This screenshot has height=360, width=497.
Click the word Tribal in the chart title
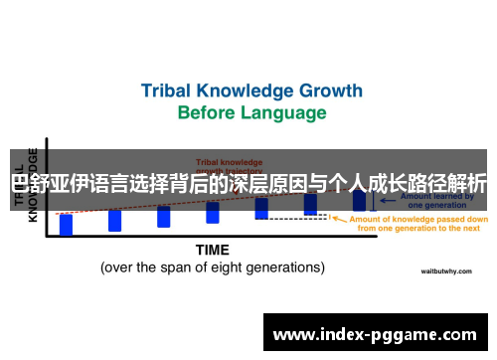click(x=169, y=90)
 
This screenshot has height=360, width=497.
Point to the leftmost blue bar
click(x=67, y=225)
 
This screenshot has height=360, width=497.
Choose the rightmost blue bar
click(x=359, y=199)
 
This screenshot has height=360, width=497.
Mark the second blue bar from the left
click(x=115, y=220)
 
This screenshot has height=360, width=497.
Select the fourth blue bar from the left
click(x=213, y=212)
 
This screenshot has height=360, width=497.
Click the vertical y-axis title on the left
click(x=33, y=184)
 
